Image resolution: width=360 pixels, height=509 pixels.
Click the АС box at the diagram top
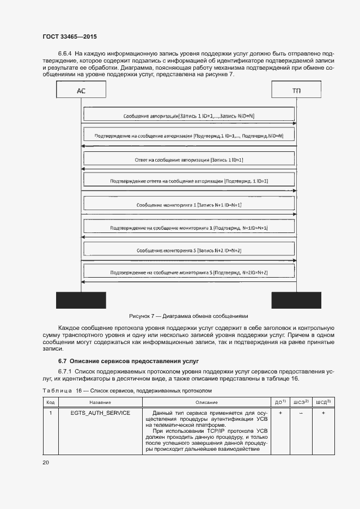[x=81, y=90]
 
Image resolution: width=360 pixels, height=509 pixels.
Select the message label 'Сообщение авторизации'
[x=189, y=116]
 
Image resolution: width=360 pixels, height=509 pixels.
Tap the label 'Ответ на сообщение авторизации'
[x=189, y=160]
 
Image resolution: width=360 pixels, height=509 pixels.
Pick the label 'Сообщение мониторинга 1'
[x=189, y=205]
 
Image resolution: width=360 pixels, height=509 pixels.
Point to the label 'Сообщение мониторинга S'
[x=189, y=250]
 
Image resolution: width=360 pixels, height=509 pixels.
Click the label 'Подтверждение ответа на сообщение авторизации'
[x=189, y=180]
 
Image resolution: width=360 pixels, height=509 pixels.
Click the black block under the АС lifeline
[x=81, y=300]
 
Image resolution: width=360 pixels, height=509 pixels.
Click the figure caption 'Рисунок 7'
[x=188, y=316]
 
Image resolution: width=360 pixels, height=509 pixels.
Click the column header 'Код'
[x=50, y=402]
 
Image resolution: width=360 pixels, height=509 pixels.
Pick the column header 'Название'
[x=100, y=402]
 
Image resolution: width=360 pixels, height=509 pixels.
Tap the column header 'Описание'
[x=206, y=402]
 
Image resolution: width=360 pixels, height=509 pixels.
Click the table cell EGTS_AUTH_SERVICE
[x=100, y=413]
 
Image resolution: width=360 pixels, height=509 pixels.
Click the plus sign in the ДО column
[x=280, y=413]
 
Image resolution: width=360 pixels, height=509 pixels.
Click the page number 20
[x=46, y=462]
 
